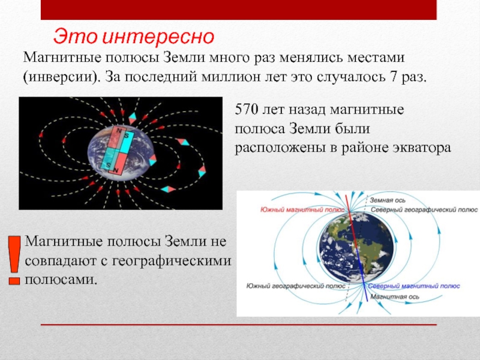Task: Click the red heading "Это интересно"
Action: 134,37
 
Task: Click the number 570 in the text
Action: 246,109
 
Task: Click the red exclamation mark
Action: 14,260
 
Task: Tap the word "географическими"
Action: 171,261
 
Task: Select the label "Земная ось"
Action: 387,200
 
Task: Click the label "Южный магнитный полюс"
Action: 302,209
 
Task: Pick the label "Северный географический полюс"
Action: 424,210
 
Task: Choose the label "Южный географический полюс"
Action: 296,286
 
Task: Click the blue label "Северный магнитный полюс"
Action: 414,286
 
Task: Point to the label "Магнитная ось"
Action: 395,296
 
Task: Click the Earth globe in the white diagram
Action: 356,247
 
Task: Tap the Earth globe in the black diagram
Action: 120,154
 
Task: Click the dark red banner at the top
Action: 238,10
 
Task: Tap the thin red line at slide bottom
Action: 238,325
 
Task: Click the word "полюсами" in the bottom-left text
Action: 61,280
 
